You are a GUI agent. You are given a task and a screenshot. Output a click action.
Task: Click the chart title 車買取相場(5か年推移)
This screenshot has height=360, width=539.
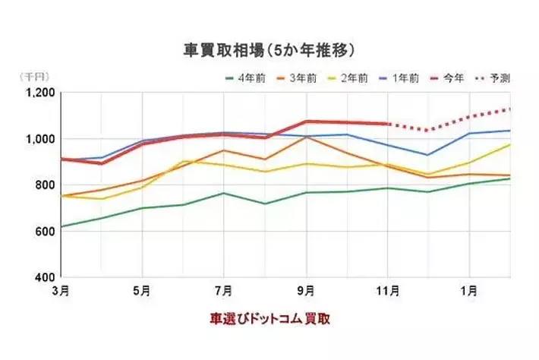(269, 51)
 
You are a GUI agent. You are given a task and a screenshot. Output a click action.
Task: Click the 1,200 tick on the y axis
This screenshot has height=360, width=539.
(40, 93)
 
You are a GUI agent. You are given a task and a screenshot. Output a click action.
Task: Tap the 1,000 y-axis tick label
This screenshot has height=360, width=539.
(40, 139)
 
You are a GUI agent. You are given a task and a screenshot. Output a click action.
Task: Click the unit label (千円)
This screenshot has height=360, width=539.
(33, 77)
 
